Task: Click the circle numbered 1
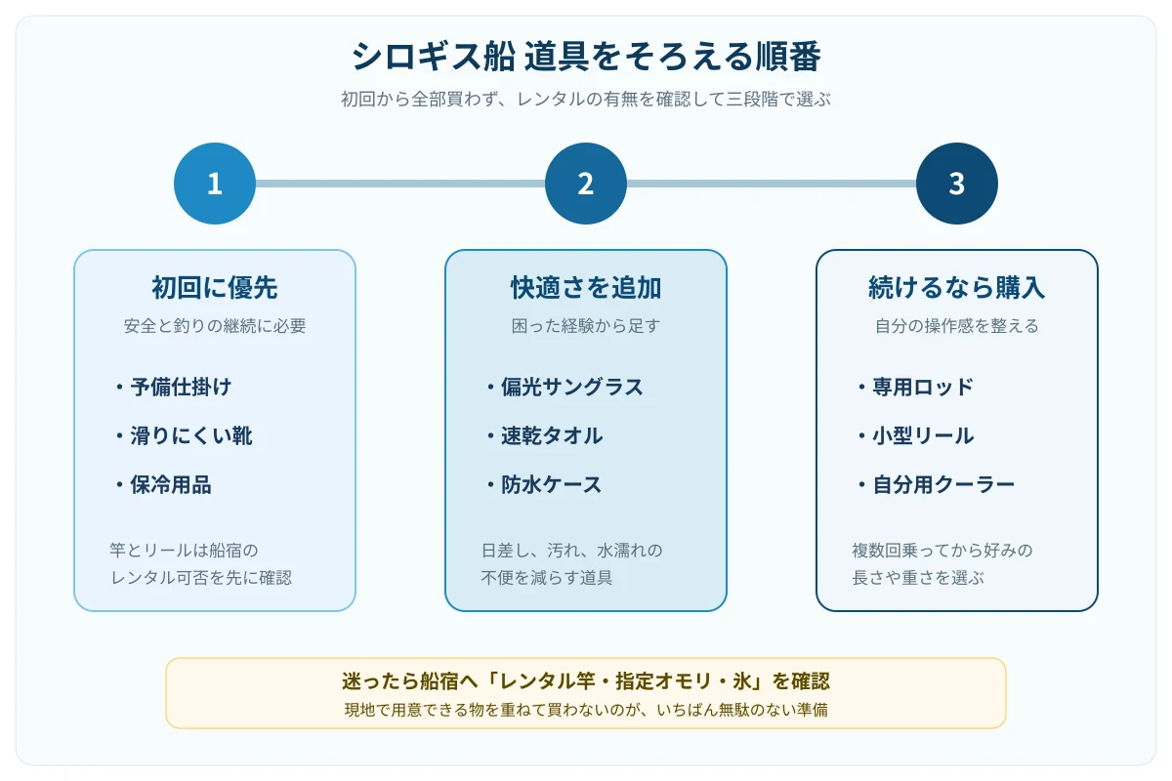215,184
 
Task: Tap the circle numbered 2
585,184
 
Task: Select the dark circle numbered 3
956,184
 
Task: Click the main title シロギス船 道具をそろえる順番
586,56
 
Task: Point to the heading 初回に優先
215,288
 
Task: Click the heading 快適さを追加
586,288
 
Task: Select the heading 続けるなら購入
956,288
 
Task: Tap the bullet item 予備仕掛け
174,388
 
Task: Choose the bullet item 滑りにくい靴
185,435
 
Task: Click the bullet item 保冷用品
164,485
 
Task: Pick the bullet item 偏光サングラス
565,388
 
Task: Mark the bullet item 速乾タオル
545,435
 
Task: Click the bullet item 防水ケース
544,485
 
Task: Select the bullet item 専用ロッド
916,388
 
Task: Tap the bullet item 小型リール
916,435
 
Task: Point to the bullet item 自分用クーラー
936,485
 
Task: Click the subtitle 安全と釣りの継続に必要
215,326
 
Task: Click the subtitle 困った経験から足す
585,326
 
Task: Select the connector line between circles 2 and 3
772,184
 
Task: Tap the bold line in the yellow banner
586,681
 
